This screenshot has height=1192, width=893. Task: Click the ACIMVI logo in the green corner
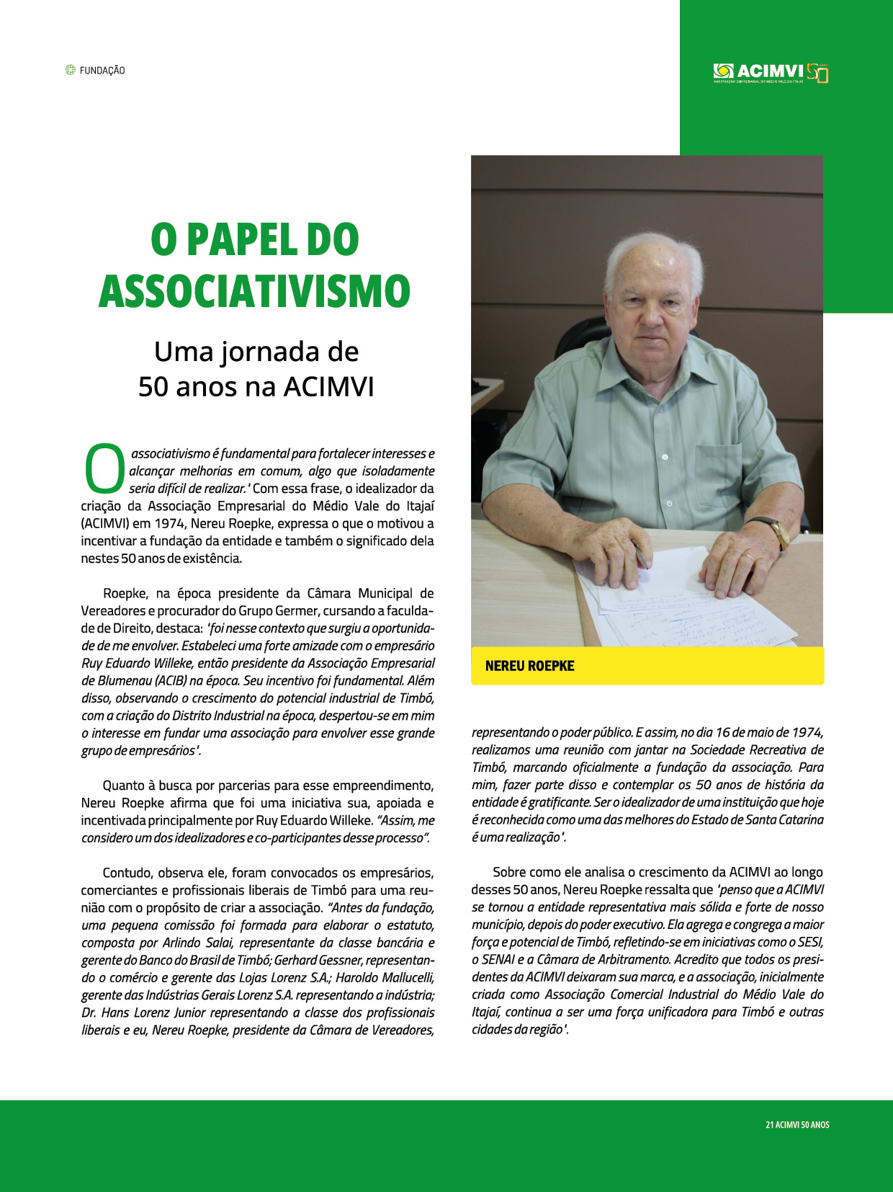pos(770,72)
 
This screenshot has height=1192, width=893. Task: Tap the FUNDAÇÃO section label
pos(102,71)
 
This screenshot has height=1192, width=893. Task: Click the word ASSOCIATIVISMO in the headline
pos(254,292)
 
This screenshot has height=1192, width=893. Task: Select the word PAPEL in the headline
pos(241,240)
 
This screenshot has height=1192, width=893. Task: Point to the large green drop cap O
pos(105,469)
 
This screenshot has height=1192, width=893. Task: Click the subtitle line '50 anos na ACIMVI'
pos(256,387)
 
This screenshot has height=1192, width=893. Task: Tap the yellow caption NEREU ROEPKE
pos(529,666)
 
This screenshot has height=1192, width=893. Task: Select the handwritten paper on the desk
pos(691,605)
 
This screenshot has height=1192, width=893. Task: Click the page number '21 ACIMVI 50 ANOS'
pos(797,1124)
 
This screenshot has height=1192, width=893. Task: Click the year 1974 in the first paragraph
pos(169,524)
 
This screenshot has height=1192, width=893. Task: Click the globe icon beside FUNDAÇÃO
pos(70,70)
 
